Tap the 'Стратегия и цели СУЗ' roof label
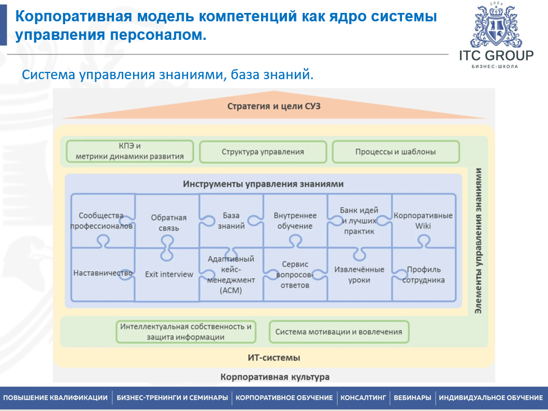[274, 106]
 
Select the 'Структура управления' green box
[263, 152]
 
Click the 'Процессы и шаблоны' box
[395, 152]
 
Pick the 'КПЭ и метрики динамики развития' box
[130, 152]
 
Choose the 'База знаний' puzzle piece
[231, 221]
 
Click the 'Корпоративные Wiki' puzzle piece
[423, 221]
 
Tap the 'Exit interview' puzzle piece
[168, 275]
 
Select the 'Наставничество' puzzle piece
[103, 273]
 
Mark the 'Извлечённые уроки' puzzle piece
[359, 275]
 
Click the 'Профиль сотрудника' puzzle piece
[423, 275]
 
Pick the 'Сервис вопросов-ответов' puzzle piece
[295, 275]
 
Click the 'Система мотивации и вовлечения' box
[339, 332]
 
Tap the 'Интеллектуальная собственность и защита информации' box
[186, 332]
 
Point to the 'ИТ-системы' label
[274, 358]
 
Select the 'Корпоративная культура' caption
[275, 377]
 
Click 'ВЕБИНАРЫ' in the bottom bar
[413, 398]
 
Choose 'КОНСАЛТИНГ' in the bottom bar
[363, 398]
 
